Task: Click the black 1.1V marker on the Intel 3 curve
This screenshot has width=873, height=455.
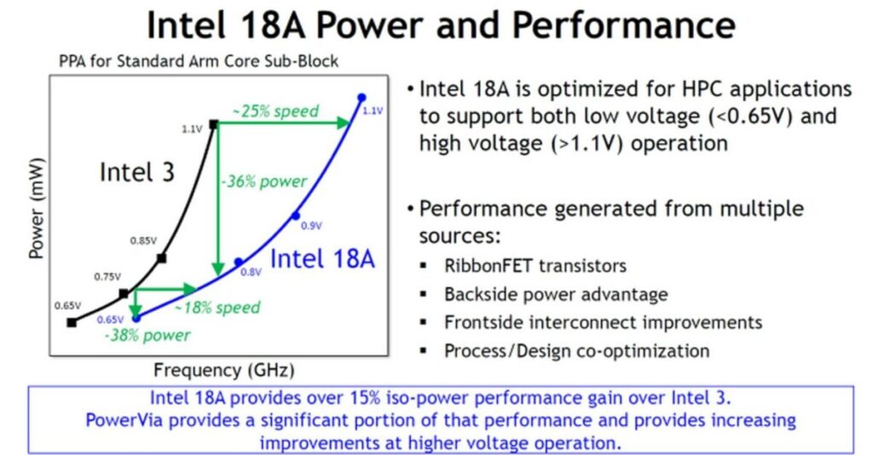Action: [x=214, y=124]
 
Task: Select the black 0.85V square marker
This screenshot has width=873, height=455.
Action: [x=162, y=257]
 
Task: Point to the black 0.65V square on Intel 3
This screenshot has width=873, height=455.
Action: [x=72, y=322]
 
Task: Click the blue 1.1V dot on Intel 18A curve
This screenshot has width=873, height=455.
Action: [x=361, y=97]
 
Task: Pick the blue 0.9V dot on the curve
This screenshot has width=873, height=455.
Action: [x=296, y=215]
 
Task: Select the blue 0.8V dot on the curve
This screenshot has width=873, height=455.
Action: [x=239, y=262]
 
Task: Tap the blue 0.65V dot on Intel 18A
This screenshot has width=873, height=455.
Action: [x=136, y=318]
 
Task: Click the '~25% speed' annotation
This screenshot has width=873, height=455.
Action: [x=275, y=111]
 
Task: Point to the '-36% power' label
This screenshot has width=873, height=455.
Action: [x=263, y=181]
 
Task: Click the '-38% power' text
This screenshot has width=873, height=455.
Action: [x=147, y=335]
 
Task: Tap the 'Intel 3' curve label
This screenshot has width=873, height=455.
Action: [x=136, y=171]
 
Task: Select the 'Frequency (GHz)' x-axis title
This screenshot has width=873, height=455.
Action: [x=223, y=370]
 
